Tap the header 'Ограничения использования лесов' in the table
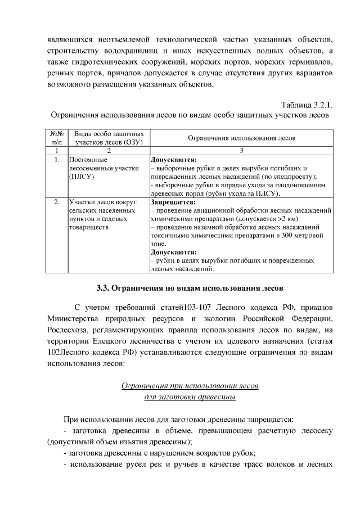tap(241, 138)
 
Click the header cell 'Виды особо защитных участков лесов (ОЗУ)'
tap(109, 138)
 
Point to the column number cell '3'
tap(241, 151)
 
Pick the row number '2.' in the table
tap(56, 201)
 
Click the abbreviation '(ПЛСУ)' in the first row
tap(81, 177)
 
